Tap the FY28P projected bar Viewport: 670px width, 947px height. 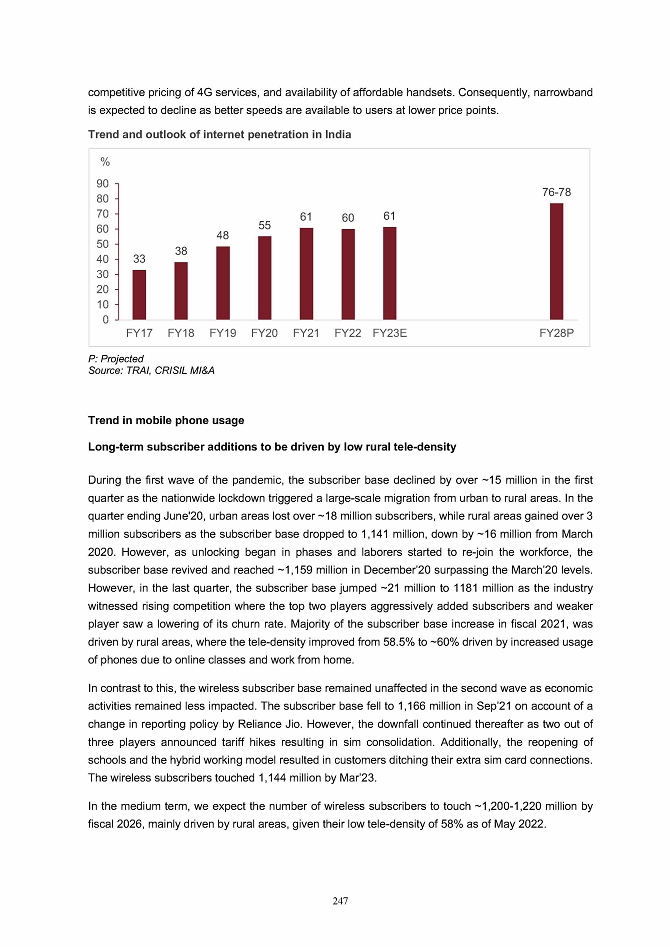(556, 261)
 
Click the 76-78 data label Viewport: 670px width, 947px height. (556, 190)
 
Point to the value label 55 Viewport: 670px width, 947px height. (265, 226)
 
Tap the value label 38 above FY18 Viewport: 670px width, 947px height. (181, 250)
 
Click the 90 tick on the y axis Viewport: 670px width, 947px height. (103, 184)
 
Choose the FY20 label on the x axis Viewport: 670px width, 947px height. (264, 333)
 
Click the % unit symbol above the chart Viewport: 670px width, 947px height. (103, 161)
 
